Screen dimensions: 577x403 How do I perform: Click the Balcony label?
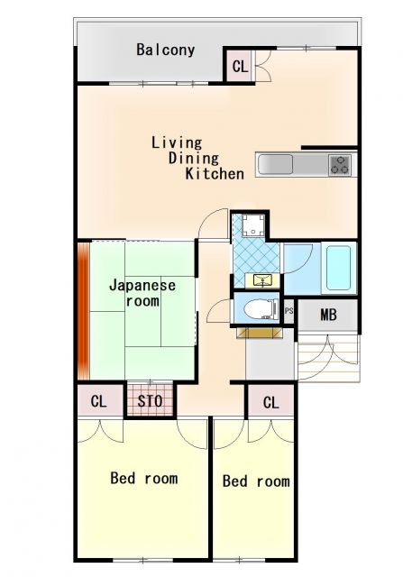tap(165, 50)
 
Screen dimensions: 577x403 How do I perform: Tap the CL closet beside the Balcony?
tap(240, 67)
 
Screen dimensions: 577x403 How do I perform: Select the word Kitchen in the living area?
tap(215, 174)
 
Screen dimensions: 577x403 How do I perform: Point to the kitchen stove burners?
tap(340, 165)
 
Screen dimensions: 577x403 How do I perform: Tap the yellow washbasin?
tap(262, 280)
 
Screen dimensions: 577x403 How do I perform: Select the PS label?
tap(289, 311)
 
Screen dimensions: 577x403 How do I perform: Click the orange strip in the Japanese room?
tap(83, 310)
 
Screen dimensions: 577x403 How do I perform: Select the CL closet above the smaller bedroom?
tap(270, 402)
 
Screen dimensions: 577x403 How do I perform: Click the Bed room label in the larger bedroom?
tap(143, 478)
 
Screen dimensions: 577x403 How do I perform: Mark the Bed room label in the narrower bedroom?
tap(256, 481)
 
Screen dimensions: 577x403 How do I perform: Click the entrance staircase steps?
tap(328, 357)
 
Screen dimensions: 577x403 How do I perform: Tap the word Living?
tap(177, 142)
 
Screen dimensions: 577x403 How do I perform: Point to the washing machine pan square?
tap(250, 226)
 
